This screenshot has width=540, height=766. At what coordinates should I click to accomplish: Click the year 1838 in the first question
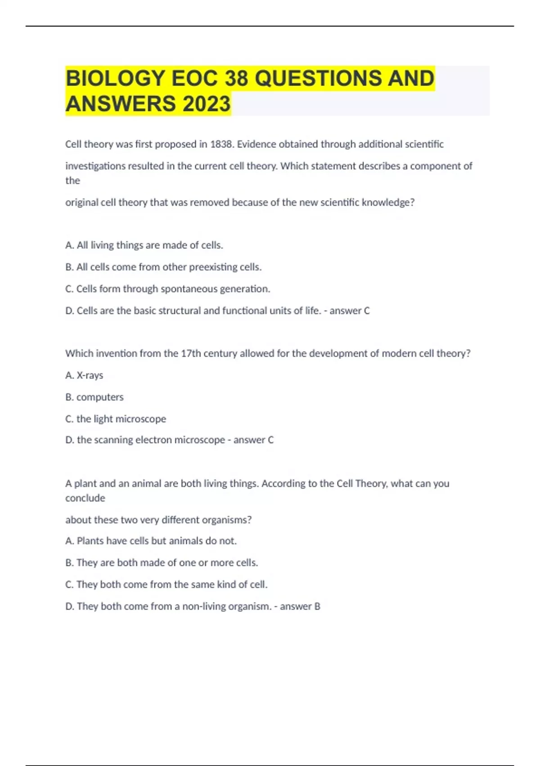(x=222, y=144)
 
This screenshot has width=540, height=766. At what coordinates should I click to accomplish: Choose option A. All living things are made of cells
(x=144, y=245)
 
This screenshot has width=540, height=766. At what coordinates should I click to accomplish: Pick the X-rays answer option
(x=84, y=375)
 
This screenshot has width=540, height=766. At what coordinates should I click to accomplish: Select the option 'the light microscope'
(x=116, y=419)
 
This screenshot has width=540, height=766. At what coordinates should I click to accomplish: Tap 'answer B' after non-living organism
(x=300, y=606)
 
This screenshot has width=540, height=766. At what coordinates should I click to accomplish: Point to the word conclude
(x=85, y=498)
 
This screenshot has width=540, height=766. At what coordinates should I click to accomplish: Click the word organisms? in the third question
(x=226, y=520)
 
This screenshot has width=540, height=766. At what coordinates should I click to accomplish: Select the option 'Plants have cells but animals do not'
(x=151, y=541)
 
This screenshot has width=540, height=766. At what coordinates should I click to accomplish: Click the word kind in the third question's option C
(x=226, y=584)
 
